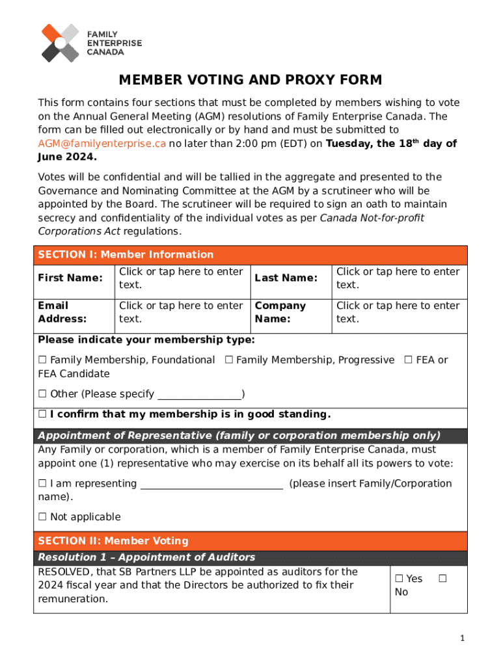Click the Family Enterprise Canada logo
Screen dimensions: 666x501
91,43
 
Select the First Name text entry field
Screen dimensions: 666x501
180,278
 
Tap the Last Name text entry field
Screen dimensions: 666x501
398,278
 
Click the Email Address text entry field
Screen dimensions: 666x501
180,312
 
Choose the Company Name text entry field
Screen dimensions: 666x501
398,312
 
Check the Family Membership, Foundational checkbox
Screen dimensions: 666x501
42,360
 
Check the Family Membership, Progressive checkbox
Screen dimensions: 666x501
229,360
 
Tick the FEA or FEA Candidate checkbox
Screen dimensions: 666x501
409,360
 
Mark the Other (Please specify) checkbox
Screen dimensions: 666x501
42,394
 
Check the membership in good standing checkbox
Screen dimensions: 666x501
42,415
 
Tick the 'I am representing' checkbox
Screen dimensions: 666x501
42,484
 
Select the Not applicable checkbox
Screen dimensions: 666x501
42,518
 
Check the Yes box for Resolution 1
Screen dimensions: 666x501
399,579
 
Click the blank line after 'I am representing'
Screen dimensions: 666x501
211,485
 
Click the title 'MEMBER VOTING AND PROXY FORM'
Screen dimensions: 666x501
251,80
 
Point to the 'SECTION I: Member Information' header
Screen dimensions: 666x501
126,254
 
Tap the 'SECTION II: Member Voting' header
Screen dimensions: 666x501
113,540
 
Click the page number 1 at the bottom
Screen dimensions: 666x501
462,639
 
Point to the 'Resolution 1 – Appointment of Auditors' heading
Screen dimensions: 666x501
146,557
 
